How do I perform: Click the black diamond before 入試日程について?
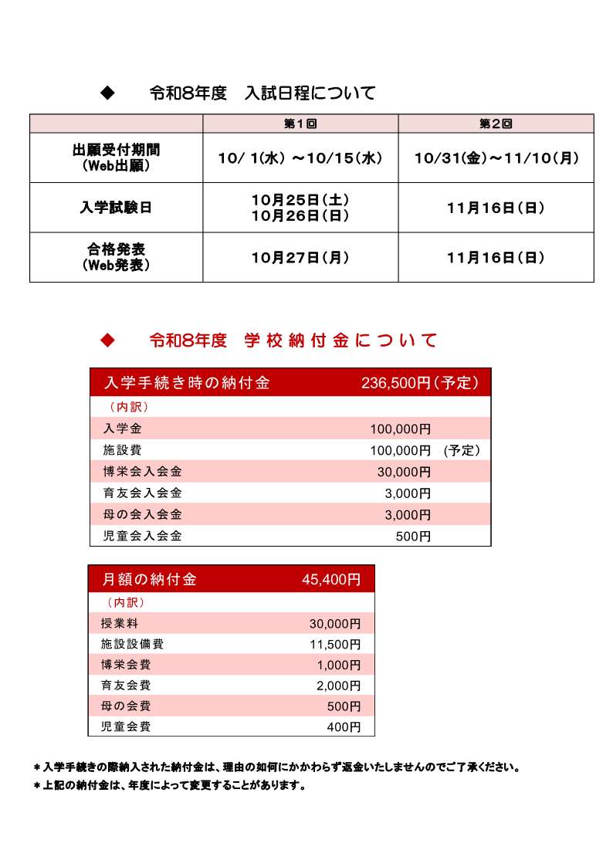coord(108,93)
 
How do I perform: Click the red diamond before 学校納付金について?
coord(108,340)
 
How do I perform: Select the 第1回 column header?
coord(300,124)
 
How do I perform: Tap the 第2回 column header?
coord(496,124)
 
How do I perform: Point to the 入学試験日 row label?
coord(116,208)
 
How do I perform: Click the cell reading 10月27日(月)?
coord(300,257)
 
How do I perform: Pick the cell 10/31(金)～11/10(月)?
coord(496,157)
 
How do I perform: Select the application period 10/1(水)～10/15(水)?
coord(300,157)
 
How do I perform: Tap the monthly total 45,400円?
coord(331,579)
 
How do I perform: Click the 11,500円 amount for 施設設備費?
coord(335,644)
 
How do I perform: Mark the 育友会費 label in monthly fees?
coord(126,685)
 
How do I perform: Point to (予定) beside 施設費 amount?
coord(462,450)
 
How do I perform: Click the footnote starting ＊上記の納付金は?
coord(170,786)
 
